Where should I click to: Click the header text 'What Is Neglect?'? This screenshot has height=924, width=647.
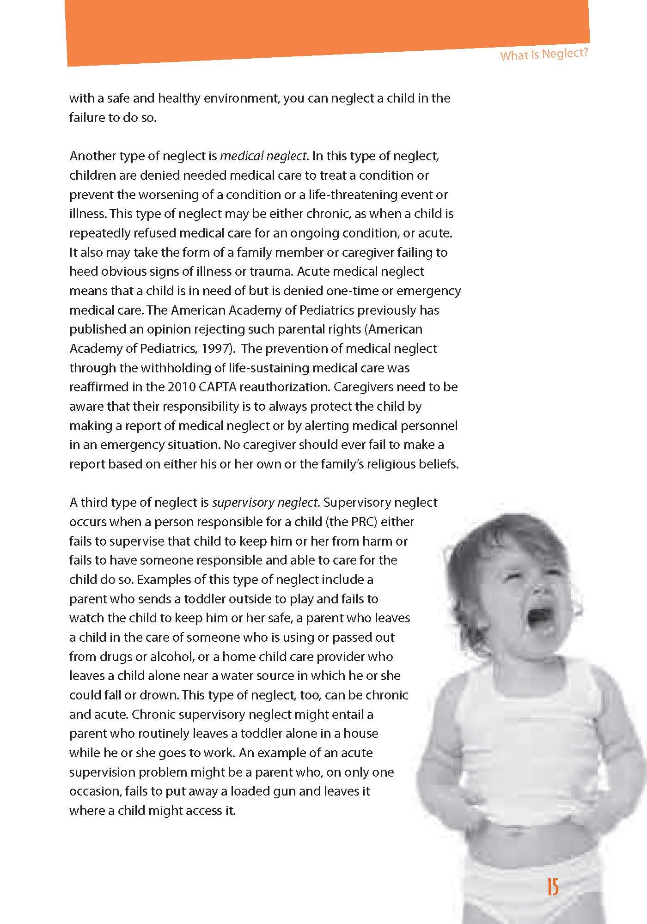(544, 55)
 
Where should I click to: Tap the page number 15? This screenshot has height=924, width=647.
(553, 888)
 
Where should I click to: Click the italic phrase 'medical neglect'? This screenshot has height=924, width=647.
(263, 156)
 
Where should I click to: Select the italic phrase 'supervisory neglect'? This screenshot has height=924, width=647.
(265, 502)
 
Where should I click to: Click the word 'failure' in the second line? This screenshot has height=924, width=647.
(87, 117)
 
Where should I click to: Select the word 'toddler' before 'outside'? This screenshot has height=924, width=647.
(204, 599)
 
